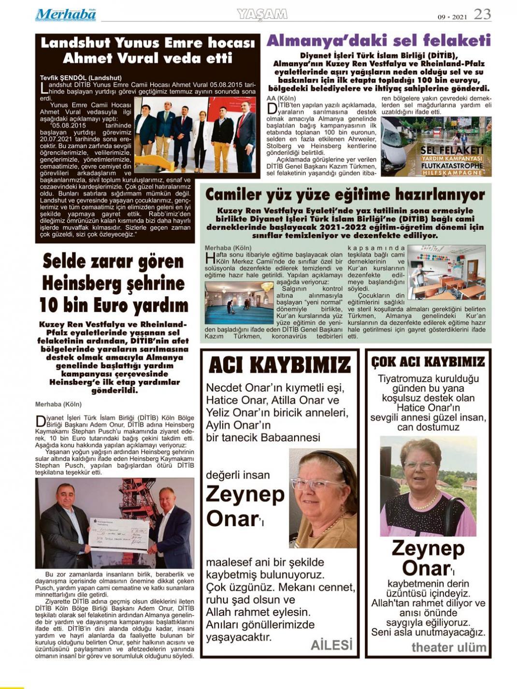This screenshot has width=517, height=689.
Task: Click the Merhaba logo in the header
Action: (65, 14)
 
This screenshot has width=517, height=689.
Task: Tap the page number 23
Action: (482, 14)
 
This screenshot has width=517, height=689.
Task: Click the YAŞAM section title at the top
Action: (262, 14)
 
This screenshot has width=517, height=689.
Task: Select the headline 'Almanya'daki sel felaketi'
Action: (378, 41)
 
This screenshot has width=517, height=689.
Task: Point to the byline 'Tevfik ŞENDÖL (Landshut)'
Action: (81, 77)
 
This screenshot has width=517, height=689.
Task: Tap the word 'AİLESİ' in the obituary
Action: (331, 645)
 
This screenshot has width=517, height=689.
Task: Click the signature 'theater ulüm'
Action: (448, 647)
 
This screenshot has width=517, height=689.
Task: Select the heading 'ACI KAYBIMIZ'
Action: (280, 365)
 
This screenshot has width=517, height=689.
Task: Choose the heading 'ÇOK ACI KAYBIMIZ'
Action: (428, 362)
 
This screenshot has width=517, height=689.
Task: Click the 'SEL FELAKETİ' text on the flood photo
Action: (452, 150)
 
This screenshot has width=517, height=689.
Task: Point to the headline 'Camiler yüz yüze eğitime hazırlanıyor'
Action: (345, 195)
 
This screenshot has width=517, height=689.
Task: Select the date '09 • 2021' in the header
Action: (453, 17)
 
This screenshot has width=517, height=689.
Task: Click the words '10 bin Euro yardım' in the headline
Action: (114, 305)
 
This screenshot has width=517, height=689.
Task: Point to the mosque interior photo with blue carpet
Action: (239, 303)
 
